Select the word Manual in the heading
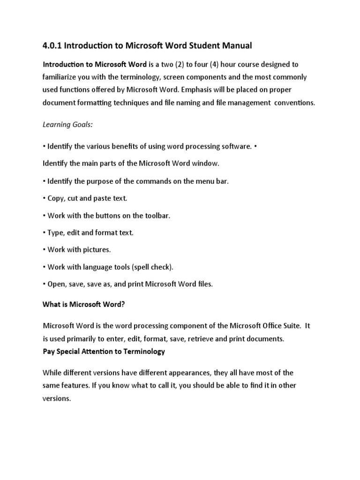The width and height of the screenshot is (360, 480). (236, 45)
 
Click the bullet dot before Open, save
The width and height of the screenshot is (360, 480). (45, 285)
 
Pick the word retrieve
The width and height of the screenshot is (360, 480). (209, 338)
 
